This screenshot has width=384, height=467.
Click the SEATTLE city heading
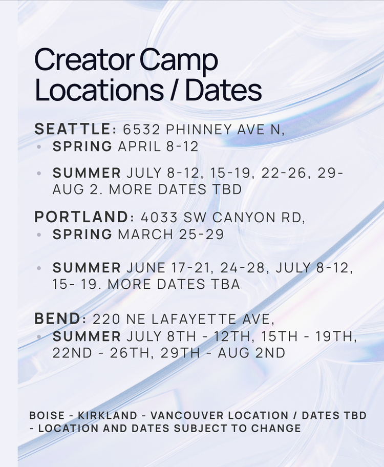click(72, 130)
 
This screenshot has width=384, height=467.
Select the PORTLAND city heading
click(81, 217)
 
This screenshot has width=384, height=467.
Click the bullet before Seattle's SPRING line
click(39, 147)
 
